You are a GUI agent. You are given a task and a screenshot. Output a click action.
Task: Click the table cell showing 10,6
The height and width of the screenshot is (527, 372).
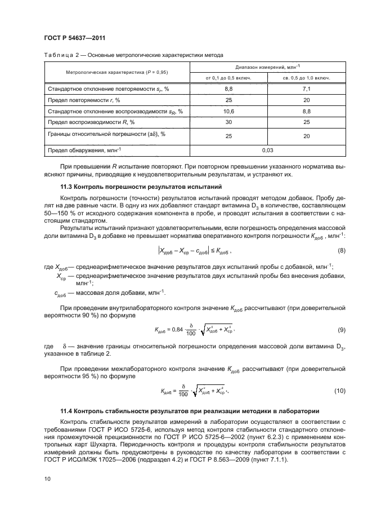pos(228,111)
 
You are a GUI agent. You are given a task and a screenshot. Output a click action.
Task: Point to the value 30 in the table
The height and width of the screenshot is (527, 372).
pos(228,122)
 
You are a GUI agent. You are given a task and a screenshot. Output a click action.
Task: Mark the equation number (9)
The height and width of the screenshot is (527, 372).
pos(340,329)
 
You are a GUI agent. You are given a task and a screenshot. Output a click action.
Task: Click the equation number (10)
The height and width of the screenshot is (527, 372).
pos(339,391)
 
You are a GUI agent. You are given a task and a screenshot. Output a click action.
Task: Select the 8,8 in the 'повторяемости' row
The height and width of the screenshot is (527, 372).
pos(228,88)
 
